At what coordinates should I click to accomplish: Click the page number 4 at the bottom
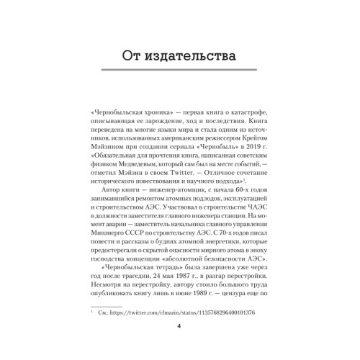point(180,344)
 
